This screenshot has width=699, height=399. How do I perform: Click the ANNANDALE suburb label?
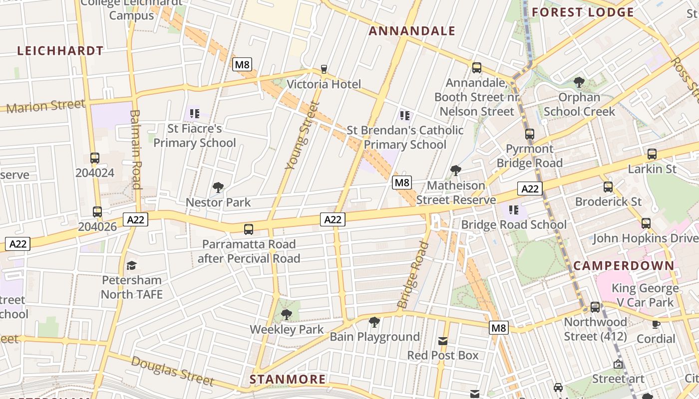click(412, 31)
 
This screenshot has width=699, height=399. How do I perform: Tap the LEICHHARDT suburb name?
click(60, 51)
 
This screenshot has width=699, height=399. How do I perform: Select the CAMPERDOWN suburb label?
click(624, 265)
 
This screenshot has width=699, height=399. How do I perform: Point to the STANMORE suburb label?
click(288, 380)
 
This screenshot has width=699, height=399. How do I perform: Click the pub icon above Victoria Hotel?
click(324, 69)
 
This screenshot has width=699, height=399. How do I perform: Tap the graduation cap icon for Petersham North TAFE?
click(131, 265)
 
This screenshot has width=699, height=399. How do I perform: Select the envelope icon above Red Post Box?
click(442, 341)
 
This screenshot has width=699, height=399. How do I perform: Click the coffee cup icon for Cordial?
click(656, 324)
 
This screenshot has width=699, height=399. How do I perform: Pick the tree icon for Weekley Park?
click(286, 315)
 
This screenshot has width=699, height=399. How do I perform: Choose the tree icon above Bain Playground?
click(374, 322)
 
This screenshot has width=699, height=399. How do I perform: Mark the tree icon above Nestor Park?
click(218, 188)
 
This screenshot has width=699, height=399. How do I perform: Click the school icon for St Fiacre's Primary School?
click(195, 114)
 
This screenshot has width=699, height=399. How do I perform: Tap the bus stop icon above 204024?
click(95, 158)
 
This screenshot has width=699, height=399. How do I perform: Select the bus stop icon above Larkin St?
click(652, 154)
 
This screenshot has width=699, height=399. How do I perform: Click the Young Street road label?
click(302, 136)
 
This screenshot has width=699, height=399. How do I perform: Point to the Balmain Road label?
click(136, 150)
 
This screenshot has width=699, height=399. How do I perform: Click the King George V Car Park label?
click(645, 295)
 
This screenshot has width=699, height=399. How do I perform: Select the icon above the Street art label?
click(618, 365)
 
